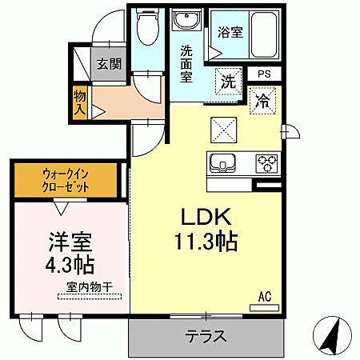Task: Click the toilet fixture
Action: [147, 29]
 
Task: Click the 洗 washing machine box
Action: [228, 81]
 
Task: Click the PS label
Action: [265, 74]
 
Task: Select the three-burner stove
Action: [266, 163]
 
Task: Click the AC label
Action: [264, 297]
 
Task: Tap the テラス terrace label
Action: [206, 336]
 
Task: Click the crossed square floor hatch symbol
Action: [222, 128]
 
